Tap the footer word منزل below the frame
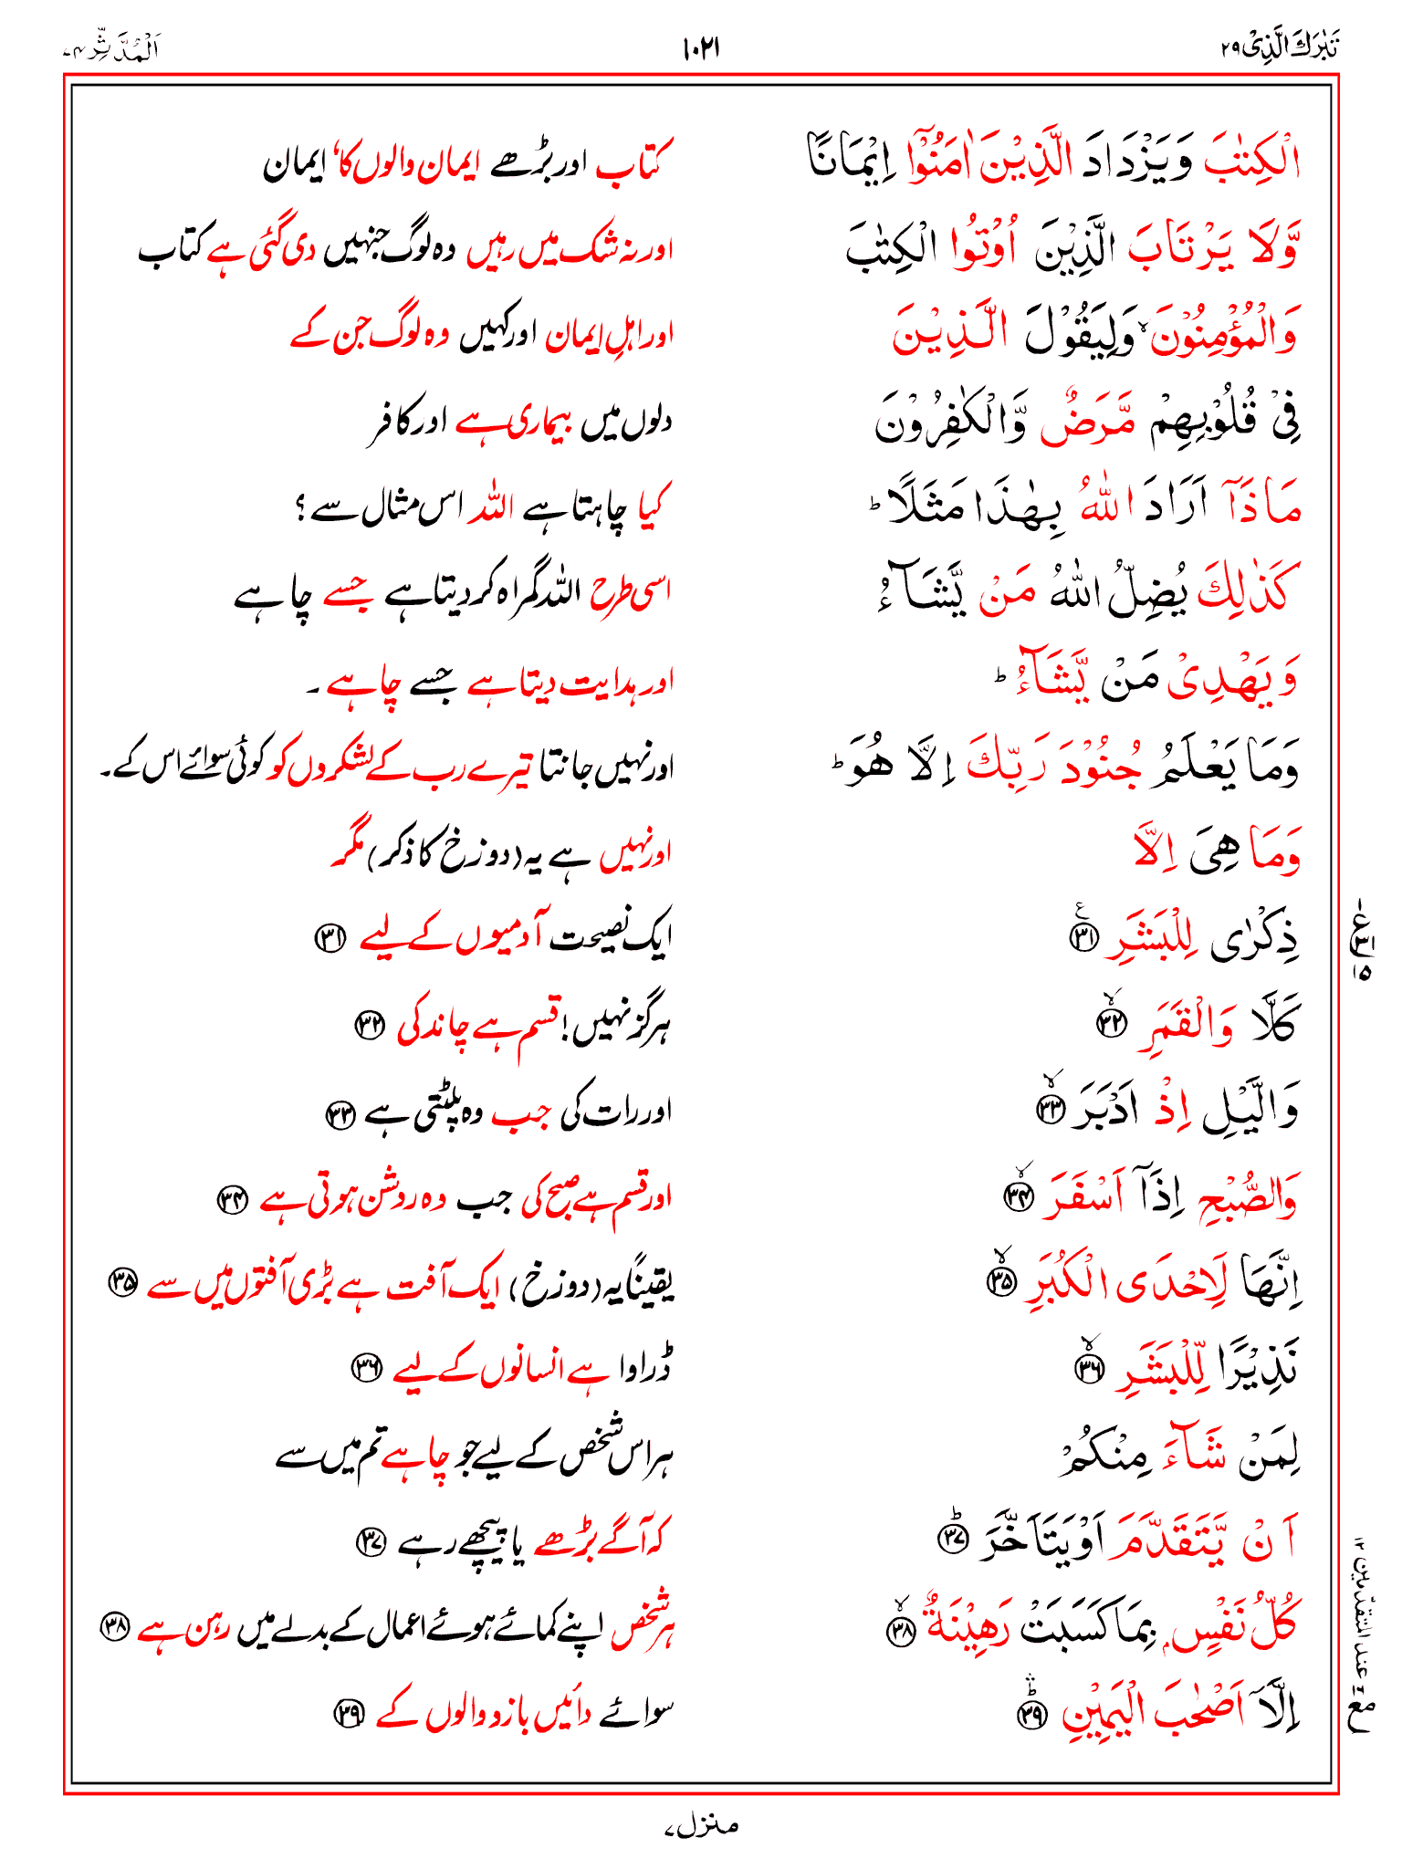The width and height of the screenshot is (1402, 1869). coord(702,1826)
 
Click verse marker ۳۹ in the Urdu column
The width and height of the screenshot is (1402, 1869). coord(346,1715)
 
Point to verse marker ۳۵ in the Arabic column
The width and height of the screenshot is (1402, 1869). coord(1001,1281)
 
